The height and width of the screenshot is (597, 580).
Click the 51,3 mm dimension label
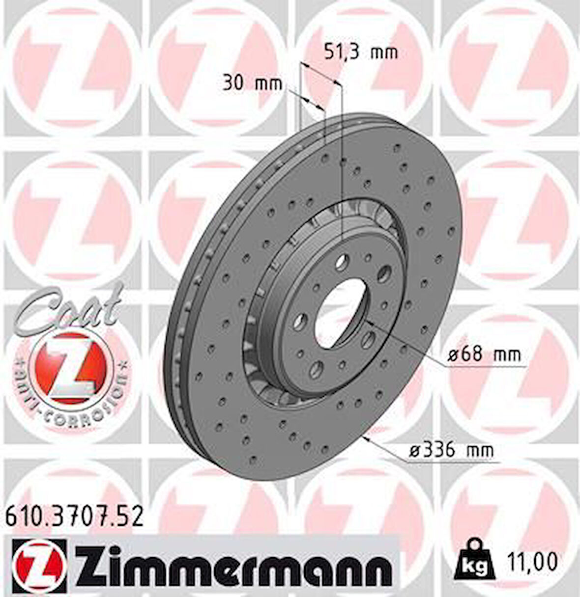click(361, 52)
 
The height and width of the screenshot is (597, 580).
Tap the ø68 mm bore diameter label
click(484, 354)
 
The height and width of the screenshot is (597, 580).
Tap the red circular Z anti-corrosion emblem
click(70, 365)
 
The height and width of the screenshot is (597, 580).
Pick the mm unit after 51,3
click(384, 52)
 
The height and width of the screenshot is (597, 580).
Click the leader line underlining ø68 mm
click(487, 366)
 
